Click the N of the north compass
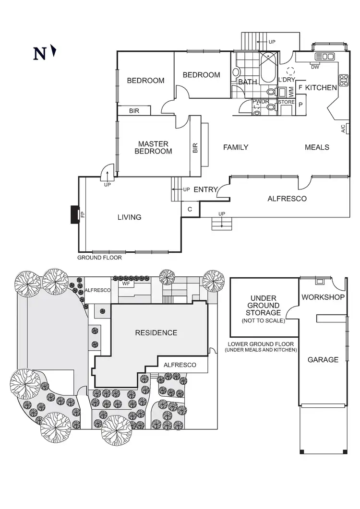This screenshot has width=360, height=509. pyautogui.click(x=39, y=54)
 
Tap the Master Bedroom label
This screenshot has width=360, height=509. pyautogui.click(x=153, y=147)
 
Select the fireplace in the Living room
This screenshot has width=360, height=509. pyautogui.click(x=75, y=214)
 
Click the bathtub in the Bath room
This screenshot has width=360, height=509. pyautogui.click(x=269, y=68)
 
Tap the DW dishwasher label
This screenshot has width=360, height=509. pyautogui.click(x=315, y=67)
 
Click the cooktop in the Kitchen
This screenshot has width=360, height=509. pyautogui.click(x=344, y=80)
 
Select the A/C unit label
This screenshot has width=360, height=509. pyautogui.click(x=343, y=129)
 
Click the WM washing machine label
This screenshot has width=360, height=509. pyautogui.click(x=291, y=92)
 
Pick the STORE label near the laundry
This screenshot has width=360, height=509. pyautogui.click(x=286, y=102)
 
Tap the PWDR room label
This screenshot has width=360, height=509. pyautogui.click(x=261, y=102)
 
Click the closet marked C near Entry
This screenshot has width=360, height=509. pyautogui.click(x=190, y=209)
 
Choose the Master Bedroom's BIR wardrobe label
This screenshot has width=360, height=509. pyautogui.click(x=195, y=148)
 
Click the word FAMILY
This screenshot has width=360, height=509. pyautogui.click(x=236, y=147)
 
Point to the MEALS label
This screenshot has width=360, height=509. pyautogui.click(x=317, y=147)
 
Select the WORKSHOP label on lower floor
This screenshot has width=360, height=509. pyautogui.click(x=323, y=297)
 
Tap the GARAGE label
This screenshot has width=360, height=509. pyautogui.click(x=323, y=360)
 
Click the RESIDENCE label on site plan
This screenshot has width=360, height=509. pyautogui.click(x=156, y=333)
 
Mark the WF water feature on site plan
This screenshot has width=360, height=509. pyautogui.click(x=126, y=284)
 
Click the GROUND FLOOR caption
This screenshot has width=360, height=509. pyautogui.click(x=99, y=258)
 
